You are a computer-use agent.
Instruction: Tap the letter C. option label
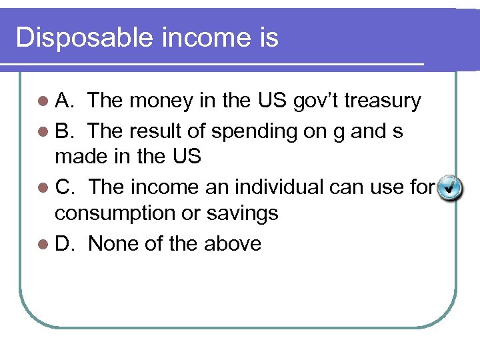pyautogui.click(x=65, y=187)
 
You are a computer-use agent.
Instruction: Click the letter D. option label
pyautogui.click(x=65, y=244)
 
